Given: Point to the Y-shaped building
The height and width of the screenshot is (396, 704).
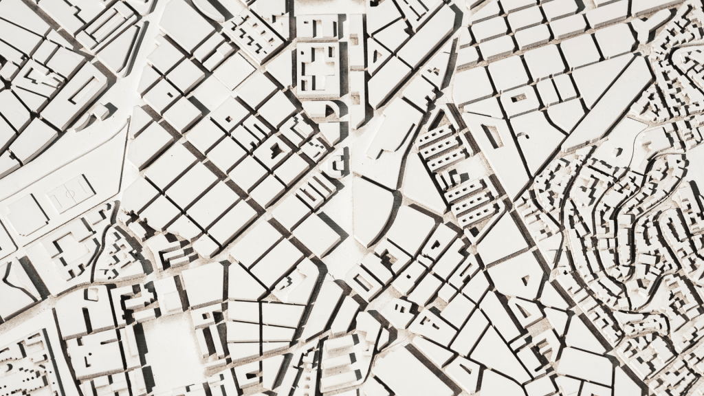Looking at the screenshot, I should point(643,28).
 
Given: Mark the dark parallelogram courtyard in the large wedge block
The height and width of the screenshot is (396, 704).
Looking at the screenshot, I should point(492,135).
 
